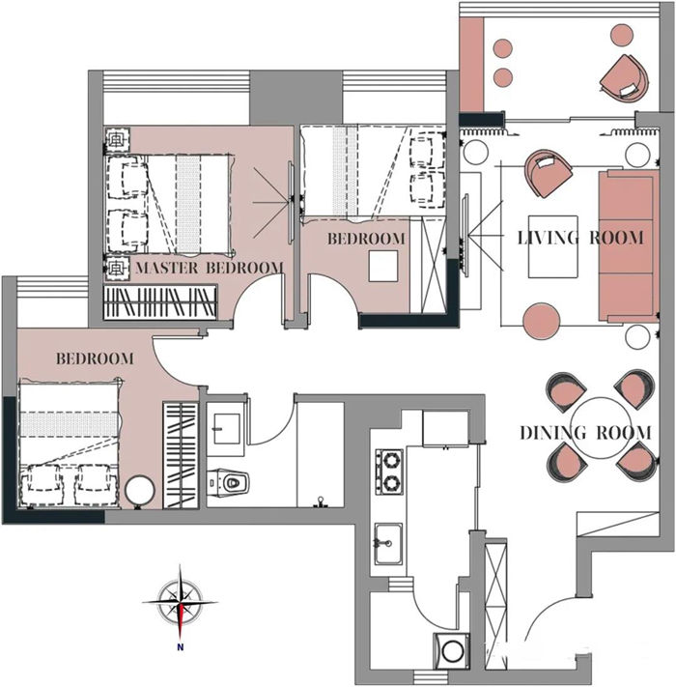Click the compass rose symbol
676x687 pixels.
(180, 602)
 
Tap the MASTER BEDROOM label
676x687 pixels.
(210, 268)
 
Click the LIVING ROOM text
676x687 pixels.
(580, 238)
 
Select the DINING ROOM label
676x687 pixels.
(585, 433)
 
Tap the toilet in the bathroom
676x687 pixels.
(228, 482)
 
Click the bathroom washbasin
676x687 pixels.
(226, 428)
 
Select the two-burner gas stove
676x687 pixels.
(389, 472)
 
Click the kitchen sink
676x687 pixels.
(388, 544)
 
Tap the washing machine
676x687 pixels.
(451, 650)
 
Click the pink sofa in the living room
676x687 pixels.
(629, 246)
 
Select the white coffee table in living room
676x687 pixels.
(553, 246)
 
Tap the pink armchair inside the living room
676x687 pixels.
(548, 173)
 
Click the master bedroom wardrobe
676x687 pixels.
(160, 302)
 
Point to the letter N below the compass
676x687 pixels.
(180, 646)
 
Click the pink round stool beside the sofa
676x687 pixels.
(541, 321)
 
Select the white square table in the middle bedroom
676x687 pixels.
(383, 266)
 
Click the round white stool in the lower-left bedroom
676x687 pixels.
(140, 491)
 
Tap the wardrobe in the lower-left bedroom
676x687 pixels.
(181, 455)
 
